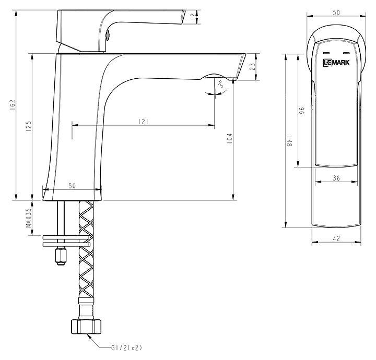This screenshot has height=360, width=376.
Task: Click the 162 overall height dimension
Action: point(13,105)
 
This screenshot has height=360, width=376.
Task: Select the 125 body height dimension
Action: point(29,126)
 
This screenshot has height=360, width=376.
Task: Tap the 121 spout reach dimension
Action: point(143,122)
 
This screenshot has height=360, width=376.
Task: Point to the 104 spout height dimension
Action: point(229,138)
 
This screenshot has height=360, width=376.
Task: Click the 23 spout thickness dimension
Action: point(253,67)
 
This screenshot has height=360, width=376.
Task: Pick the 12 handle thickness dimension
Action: point(193,17)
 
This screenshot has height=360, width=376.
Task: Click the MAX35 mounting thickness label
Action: point(29,218)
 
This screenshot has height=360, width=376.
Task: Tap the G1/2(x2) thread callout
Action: point(126,348)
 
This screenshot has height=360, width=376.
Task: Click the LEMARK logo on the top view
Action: point(336,63)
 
